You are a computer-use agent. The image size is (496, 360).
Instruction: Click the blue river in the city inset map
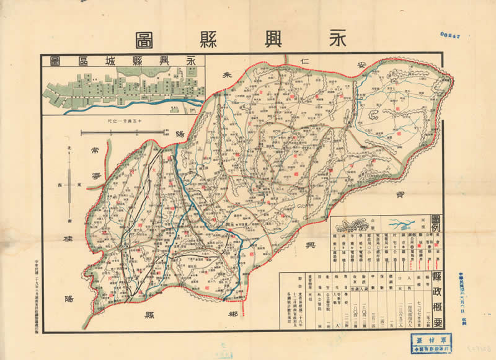[x=155, y=100]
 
